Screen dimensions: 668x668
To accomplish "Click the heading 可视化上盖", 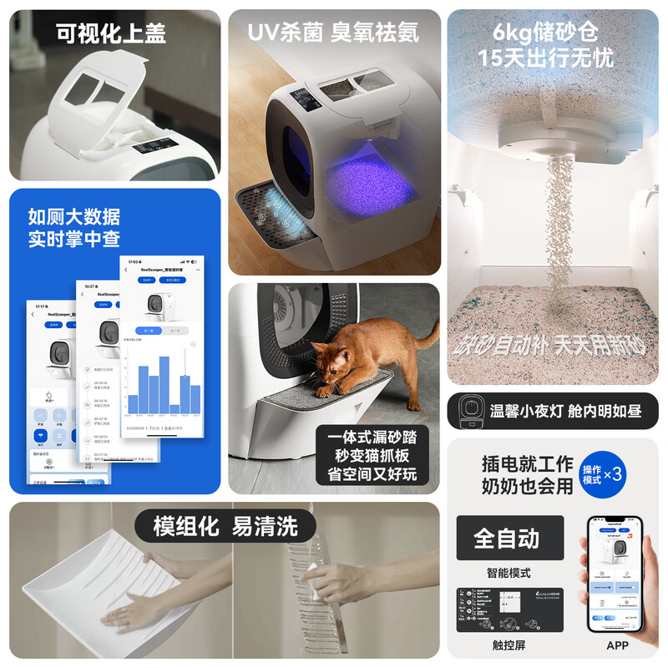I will coord(111,34).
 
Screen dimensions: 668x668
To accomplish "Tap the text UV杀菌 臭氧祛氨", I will coord(333,34).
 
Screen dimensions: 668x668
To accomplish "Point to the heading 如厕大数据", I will coord(73,217).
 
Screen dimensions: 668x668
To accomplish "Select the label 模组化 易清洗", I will coord(225,527).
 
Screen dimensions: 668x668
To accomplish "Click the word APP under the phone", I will coord(617,645).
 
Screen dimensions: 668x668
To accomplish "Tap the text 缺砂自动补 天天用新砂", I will coord(552,345).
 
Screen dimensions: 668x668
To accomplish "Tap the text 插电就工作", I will coord(528,464).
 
